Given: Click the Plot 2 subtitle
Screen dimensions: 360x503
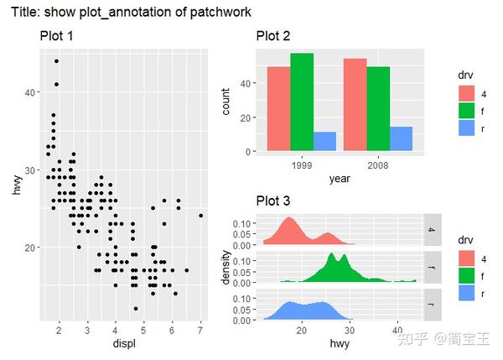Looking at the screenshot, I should (x=273, y=36).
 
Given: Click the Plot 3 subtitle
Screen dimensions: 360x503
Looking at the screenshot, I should (x=273, y=201).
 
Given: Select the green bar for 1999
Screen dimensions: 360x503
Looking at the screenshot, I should (x=302, y=102).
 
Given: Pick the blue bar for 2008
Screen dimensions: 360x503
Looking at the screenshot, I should (x=401, y=139).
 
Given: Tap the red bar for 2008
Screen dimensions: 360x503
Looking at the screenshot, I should (x=355, y=105).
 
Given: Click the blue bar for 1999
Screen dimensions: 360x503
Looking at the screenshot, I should (x=324, y=142).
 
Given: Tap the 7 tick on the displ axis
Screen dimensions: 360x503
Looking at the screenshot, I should (x=200, y=331).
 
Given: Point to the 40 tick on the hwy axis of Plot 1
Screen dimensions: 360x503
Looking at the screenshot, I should (x=29, y=92).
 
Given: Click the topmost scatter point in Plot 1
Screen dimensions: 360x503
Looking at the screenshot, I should (x=56, y=61).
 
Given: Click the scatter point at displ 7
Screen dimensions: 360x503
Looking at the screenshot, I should (x=200, y=216).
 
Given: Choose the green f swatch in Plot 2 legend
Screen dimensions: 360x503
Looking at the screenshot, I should (x=467, y=110).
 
